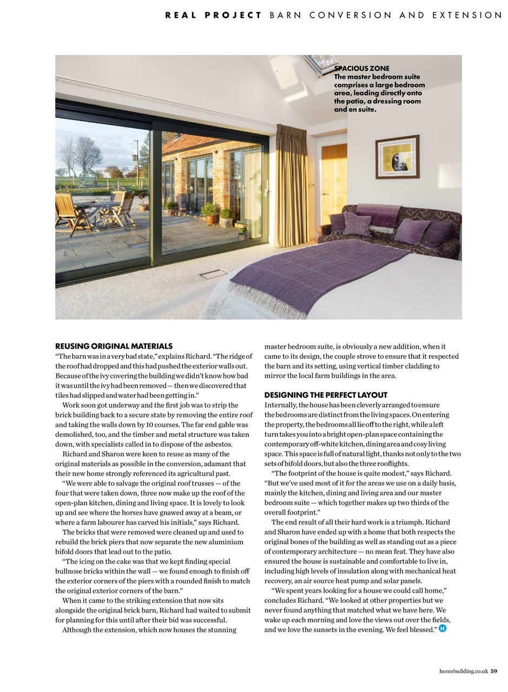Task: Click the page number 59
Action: pyautogui.click(x=494, y=671)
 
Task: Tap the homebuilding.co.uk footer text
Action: pyautogui.click(x=464, y=671)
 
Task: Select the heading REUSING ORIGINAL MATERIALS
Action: pyautogui.click(x=114, y=346)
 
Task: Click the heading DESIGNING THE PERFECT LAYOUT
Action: pyautogui.click(x=326, y=395)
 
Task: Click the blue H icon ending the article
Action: pyautogui.click(x=443, y=629)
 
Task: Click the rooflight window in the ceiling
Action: pyautogui.click(x=320, y=64)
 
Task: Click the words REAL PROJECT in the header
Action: pyautogui.click(x=213, y=15)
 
